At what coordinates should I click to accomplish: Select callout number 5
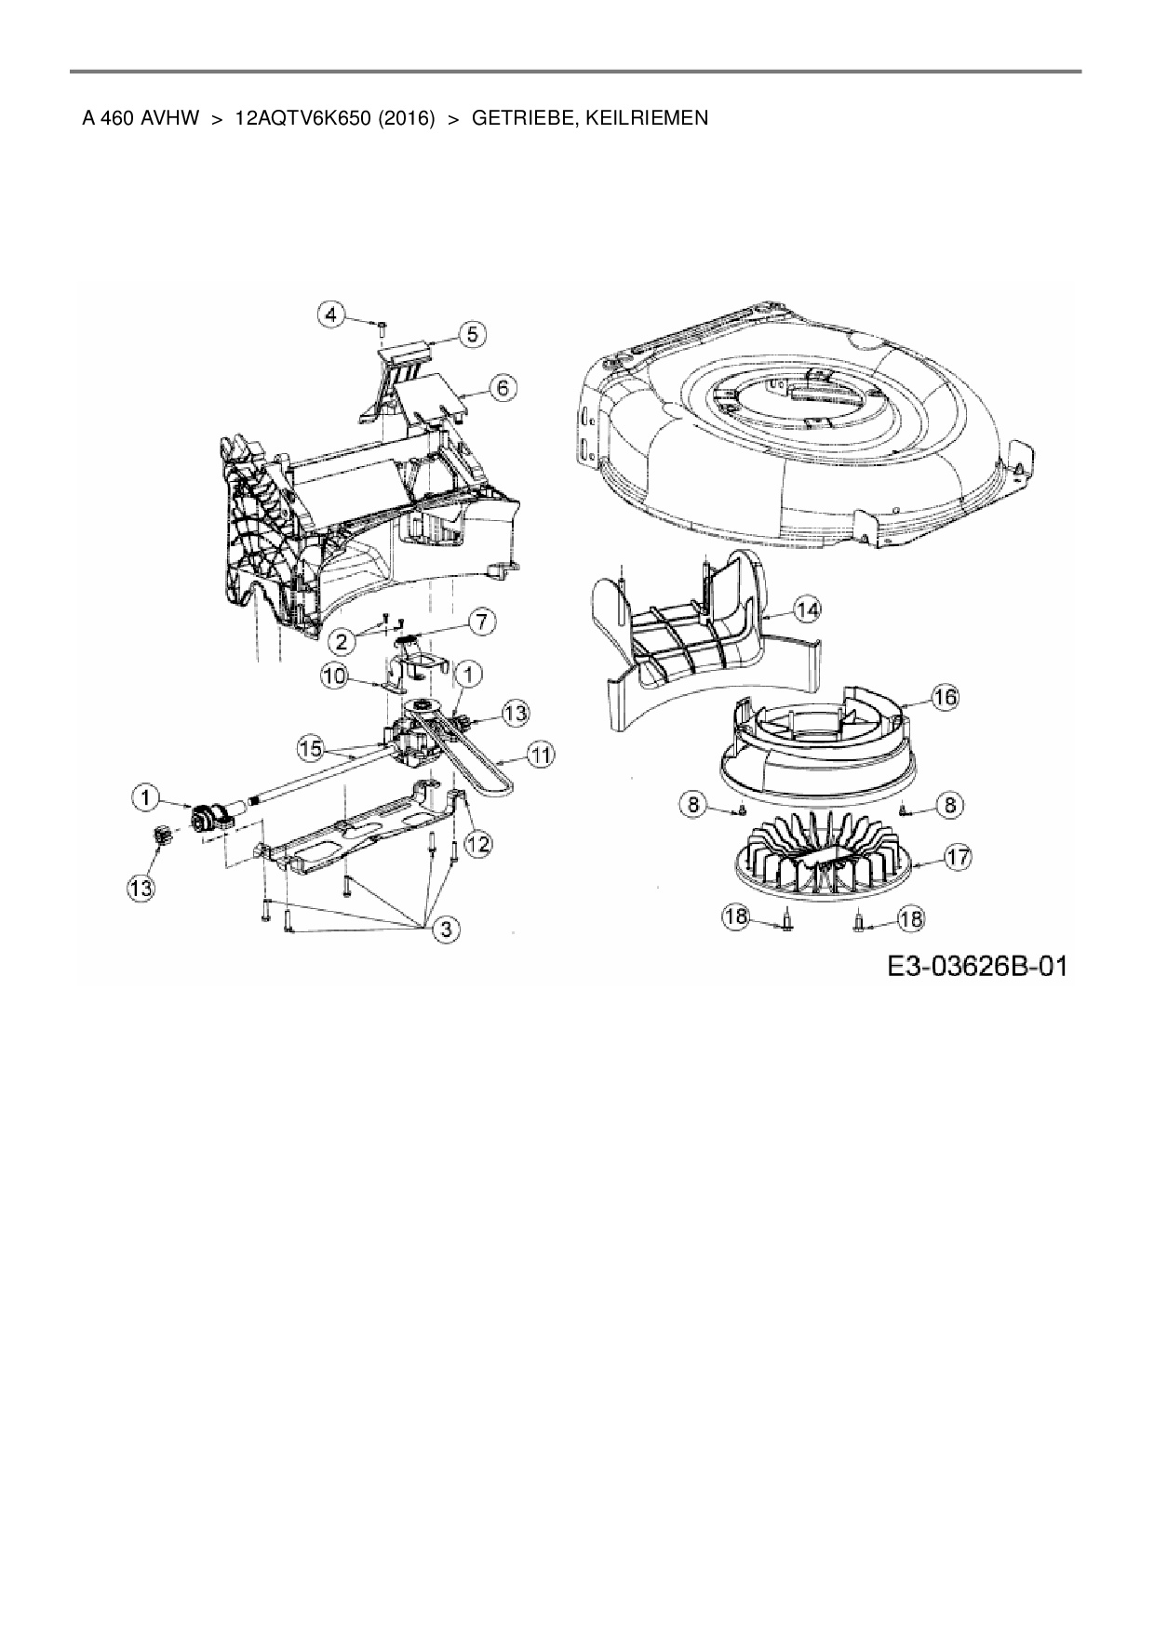coord(473,333)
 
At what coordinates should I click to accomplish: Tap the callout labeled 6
coord(503,387)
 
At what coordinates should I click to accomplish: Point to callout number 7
coord(480,622)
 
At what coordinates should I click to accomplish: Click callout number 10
coord(333,676)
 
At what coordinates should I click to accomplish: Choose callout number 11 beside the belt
coord(542,756)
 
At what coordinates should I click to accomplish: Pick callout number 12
coord(478,844)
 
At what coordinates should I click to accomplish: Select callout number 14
coord(808,609)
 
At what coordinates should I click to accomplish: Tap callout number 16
coord(946,697)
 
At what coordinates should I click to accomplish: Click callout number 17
coord(959,857)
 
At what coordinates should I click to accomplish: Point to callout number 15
coord(311,746)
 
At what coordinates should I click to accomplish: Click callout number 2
coord(343,640)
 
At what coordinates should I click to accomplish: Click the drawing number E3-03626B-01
coord(975,967)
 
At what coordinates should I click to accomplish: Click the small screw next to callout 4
coord(382,326)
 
